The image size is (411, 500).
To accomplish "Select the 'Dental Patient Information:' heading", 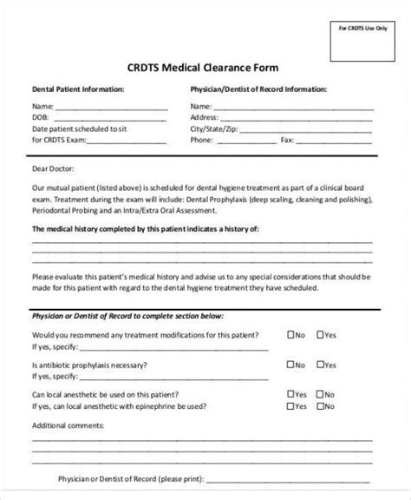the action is click(x=78, y=89).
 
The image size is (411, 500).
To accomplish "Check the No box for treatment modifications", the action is click(x=290, y=334).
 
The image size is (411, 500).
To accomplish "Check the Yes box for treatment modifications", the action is click(x=321, y=334).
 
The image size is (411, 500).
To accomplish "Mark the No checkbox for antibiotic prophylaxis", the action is click(x=290, y=365).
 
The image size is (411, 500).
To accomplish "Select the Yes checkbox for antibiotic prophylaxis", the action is click(x=321, y=365).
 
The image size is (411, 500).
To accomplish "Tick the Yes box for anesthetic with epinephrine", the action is click(x=290, y=406).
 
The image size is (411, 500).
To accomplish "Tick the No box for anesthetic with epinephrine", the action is click(x=321, y=406).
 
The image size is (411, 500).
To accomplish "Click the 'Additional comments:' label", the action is click(x=68, y=426).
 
